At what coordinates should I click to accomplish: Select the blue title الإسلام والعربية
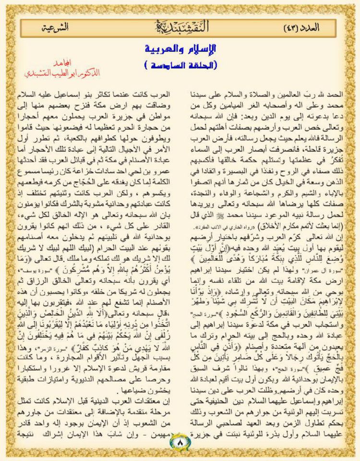180,49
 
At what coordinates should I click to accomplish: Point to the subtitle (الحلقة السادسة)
180,64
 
